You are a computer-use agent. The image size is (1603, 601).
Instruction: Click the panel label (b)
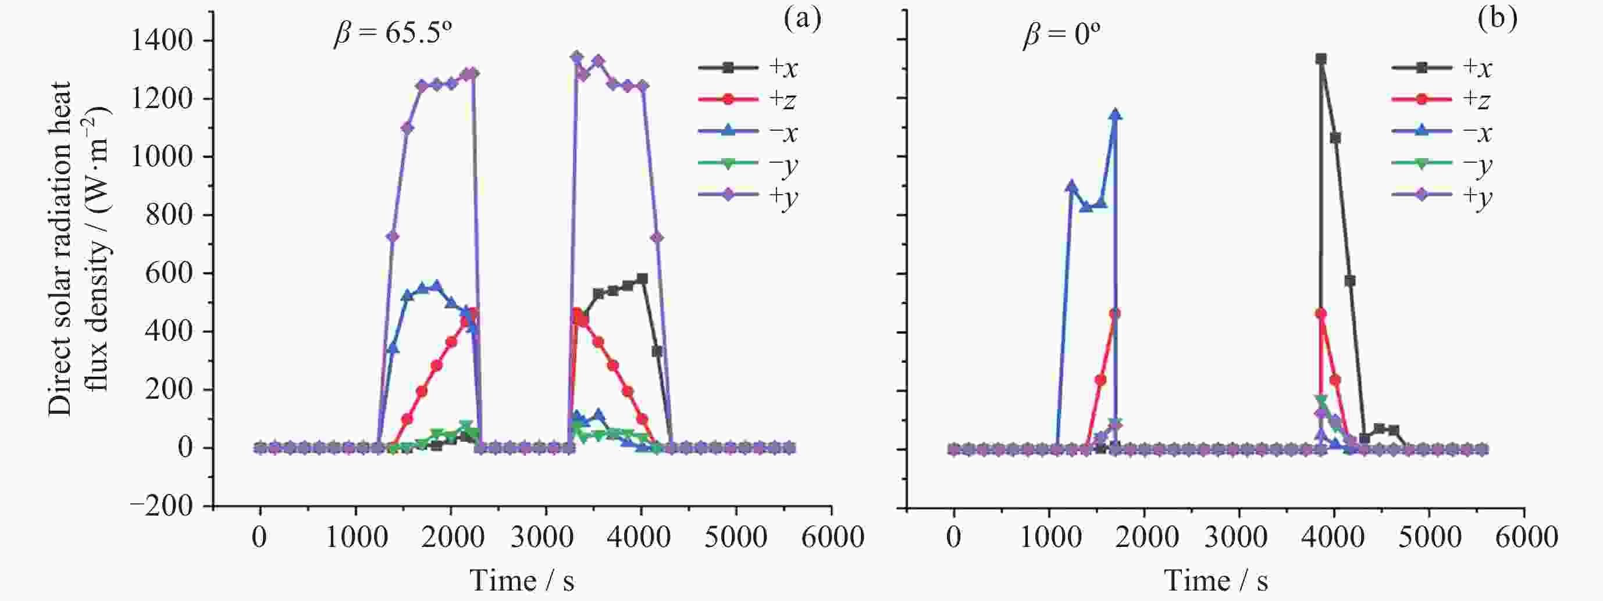[x=1497, y=19]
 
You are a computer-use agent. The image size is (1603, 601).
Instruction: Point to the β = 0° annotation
[x=1061, y=35]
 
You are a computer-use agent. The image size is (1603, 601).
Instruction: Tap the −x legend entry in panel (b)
[x=1441, y=131]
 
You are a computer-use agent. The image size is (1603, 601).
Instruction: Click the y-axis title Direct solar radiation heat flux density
[x=80, y=249]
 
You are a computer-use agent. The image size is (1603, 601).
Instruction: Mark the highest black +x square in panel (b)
[x=1321, y=59]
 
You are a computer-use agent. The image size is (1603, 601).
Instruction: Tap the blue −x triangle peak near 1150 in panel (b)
[x=1114, y=115]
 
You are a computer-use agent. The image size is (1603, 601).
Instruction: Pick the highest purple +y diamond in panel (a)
[x=576, y=57]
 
